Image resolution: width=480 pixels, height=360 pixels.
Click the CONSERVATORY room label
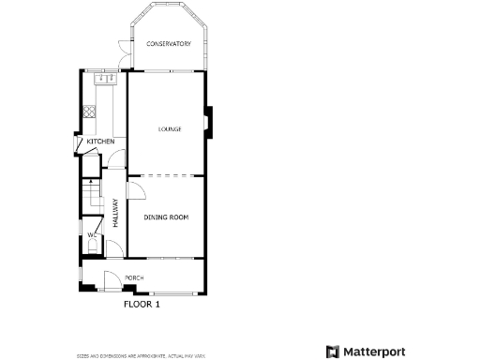click(169, 44)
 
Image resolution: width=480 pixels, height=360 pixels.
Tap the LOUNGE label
click(169, 129)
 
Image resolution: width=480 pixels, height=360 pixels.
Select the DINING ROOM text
click(166, 217)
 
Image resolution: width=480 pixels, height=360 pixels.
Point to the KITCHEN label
click(100, 142)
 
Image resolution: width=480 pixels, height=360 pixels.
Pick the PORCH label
click(134, 278)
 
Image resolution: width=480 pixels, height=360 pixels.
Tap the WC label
click(92, 234)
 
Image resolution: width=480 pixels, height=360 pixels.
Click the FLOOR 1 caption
click(142, 304)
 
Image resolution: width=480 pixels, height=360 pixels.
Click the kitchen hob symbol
click(89, 112)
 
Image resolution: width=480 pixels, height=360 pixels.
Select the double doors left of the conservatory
click(123, 54)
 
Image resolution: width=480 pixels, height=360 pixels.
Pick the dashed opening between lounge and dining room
click(166, 175)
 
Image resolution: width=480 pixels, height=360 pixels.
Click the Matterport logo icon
click(332, 352)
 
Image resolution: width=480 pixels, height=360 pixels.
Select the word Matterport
click(373, 352)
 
